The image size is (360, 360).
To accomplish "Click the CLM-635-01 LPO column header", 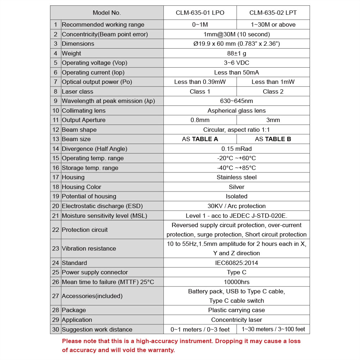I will pyautogui.click(x=200, y=13).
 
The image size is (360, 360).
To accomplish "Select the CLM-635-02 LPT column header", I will pyautogui.click(x=273, y=13).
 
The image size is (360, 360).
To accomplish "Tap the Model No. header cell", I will pyautogui.click(x=107, y=13).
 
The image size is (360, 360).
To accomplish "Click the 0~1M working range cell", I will pyautogui.click(x=200, y=24).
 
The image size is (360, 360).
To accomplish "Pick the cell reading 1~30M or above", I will pyautogui.click(x=273, y=24).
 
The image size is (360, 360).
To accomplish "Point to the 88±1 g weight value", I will pyautogui.click(x=237, y=53).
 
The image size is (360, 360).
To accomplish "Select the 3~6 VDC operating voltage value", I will pyautogui.click(x=237, y=63).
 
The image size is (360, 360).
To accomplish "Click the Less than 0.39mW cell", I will pyautogui.click(x=200, y=82).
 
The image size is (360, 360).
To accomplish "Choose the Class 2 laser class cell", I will pyautogui.click(x=273, y=91).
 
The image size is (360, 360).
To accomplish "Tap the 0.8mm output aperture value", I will pyautogui.click(x=200, y=120).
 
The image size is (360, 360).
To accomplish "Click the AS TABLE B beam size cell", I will pyautogui.click(x=273, y=139).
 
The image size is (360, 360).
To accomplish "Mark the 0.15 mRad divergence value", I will pyautogui.click(x=237, y=149).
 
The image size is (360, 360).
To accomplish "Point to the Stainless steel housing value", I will pyautogui.click(x=237, y=177).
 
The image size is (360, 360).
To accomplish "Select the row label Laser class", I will pyautogui.click(x=77, y=91).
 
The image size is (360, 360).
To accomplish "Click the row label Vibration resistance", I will pyautogui.click(x=89, y=248).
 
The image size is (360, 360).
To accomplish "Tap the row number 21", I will pyautogui.click(x=55, y=216).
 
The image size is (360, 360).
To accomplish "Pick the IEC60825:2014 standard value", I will pyautogui.click(x=237, y=263).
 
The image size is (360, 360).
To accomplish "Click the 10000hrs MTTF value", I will pyautogui.click(x=237, y=282).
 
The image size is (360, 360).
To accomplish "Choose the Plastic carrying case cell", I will pyautogui.click(x=237, y=310).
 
